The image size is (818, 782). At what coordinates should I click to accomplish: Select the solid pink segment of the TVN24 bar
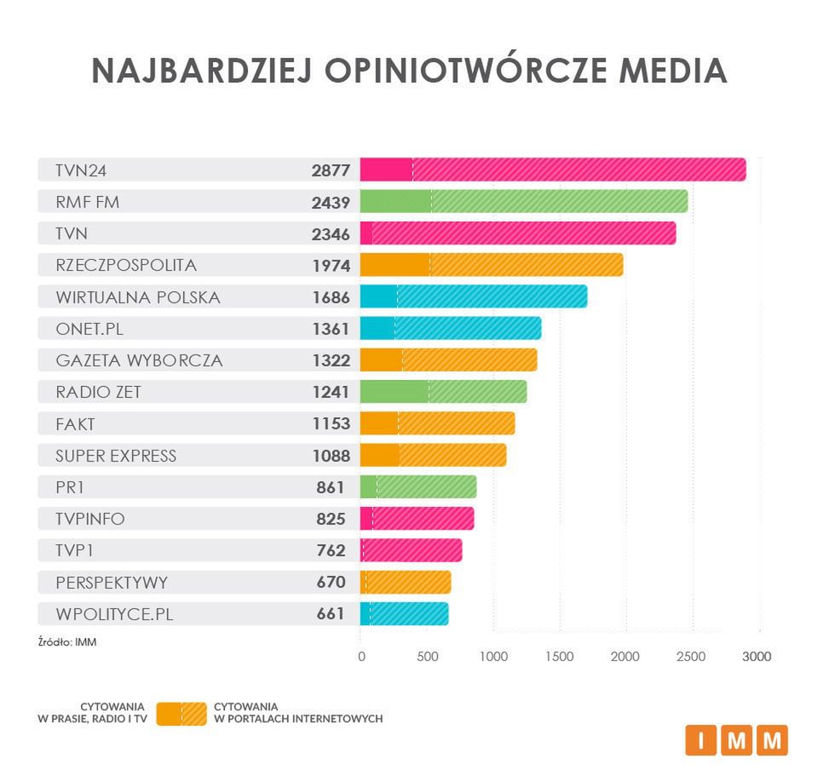point(386,170)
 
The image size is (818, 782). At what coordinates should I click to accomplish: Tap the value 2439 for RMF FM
point(331,202)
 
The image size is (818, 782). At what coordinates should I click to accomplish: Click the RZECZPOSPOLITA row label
point(126,265)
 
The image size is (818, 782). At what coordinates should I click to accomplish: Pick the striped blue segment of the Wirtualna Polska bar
point(492,296)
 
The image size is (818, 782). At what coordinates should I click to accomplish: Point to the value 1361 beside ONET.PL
point(331,329)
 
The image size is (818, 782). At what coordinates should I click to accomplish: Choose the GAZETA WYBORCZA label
point(139,360)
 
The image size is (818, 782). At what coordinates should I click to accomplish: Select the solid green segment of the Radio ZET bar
point(394,392)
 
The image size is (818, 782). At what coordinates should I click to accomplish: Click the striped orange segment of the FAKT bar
point(456,423)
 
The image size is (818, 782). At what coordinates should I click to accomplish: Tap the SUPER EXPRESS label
point(116,456)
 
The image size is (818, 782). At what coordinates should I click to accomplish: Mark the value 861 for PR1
point(331,487)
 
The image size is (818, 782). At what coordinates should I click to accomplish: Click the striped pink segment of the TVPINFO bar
point(423,519)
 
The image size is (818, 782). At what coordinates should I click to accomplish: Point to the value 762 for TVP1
point(331,550)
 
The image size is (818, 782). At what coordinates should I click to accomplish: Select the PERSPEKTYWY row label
point(112,583)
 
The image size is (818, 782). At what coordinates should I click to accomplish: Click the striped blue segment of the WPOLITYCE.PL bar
point(409,614)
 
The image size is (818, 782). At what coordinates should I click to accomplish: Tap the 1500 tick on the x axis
point(559,657)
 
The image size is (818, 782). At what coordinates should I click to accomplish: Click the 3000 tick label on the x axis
point(757,657)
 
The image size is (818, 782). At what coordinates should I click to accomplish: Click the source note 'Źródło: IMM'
point(67,642)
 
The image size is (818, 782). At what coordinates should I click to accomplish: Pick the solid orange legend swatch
point(169,713)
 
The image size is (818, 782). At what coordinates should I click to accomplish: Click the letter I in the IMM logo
point(701,740)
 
